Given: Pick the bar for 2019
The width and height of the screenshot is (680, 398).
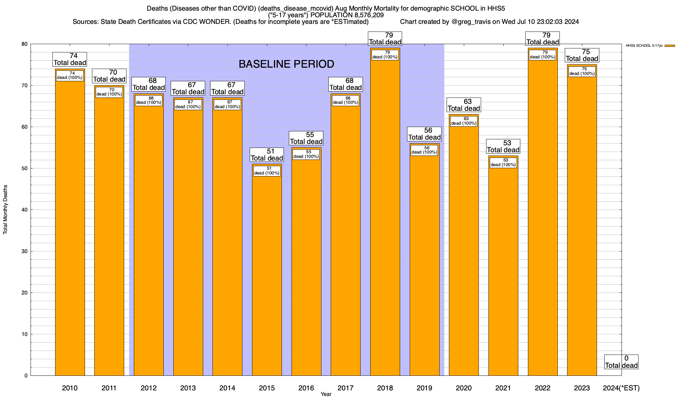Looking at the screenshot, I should (x=424, y=265).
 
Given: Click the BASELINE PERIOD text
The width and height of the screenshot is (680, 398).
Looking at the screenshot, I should (x=286, y=64).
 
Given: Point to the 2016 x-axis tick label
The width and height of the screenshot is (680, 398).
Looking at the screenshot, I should (x=306, y=388).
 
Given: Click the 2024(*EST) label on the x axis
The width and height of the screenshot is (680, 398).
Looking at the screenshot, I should (x=621, y=388).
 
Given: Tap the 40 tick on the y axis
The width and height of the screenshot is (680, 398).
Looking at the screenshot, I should (x=25, y=210).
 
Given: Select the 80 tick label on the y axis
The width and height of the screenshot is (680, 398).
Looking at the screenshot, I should (x=25, y=44).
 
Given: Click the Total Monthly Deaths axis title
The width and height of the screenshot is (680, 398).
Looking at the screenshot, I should (x=5, y=210).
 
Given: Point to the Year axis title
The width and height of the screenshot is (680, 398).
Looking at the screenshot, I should (x=326, y=394).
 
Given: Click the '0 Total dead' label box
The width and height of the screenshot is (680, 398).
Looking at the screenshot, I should (x=621, y=362).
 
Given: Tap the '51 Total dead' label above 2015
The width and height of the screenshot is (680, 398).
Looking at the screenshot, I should (x=267, y=155).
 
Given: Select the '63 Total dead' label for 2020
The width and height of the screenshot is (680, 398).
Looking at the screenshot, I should (x=464, y=105).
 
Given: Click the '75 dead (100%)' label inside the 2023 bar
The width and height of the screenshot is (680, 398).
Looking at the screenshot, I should (x=582, y=71).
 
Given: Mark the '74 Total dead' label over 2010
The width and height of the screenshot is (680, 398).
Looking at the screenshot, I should (x=70, y=59).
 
